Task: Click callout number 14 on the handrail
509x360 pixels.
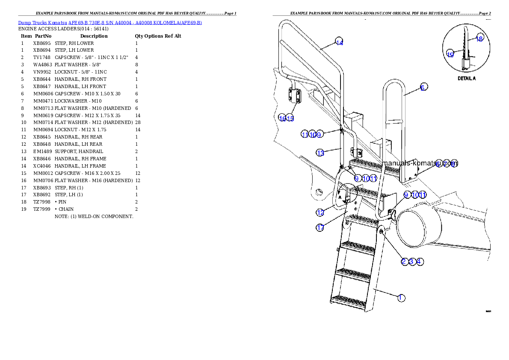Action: (x=339, y=42)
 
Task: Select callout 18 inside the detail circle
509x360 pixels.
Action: (x=479, y=38)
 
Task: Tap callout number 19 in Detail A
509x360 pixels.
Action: (x=450, y=54)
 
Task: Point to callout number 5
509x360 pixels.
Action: (x=423, y=87)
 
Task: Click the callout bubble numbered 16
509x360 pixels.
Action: (x=282, y=118)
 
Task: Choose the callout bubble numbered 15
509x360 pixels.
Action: (x=290, y=118)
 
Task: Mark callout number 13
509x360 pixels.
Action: (x=320, y=152)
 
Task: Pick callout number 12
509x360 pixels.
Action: (x=320, y=212)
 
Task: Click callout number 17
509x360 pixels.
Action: (x=320, y=227)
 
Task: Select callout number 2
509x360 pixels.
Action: (x=404, y=261)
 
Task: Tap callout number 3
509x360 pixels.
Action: (x=412, y=261)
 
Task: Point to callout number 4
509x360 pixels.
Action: (x=420, y=261)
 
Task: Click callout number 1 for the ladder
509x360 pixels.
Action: (x=401, y=298)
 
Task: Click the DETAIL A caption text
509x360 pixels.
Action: (x=467, y=79)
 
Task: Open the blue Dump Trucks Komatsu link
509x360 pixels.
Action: (x=110, y=22)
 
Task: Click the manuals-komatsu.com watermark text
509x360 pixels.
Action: (x=421, y=163)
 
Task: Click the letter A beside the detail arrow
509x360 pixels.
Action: (x=340, y=198)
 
